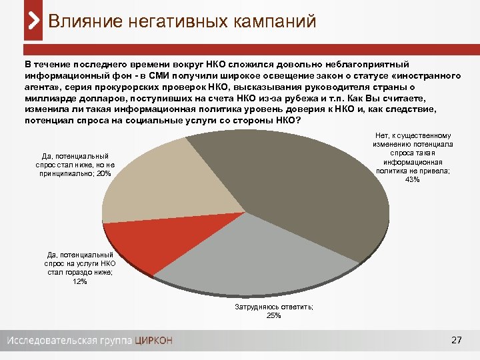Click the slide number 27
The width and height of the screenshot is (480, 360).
457,341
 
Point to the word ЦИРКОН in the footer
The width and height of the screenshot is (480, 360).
153,341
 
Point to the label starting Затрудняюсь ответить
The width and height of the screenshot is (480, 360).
274,307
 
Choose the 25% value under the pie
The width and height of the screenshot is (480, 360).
274,315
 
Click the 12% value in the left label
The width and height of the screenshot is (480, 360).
80,281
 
